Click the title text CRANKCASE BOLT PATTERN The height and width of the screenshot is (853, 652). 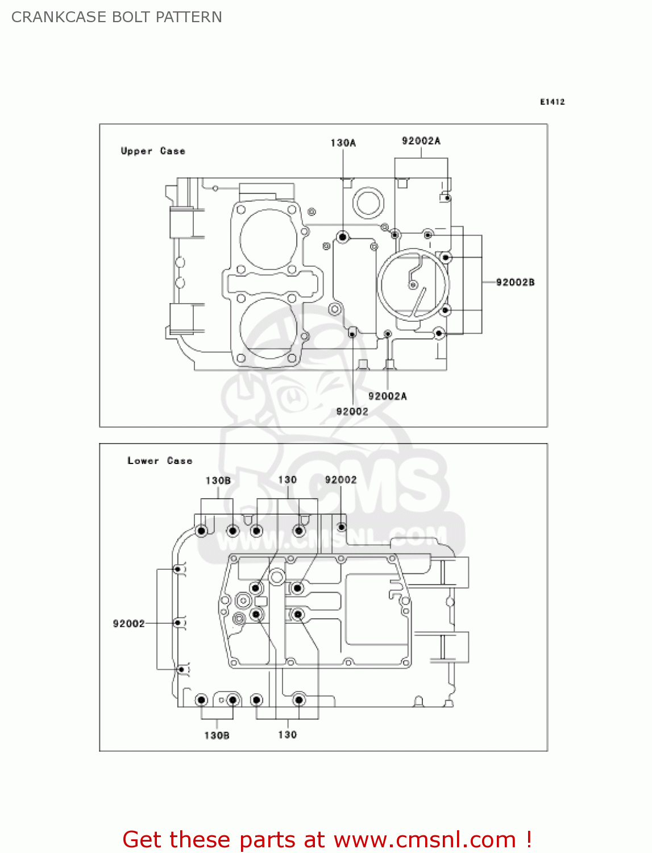pos(117,17)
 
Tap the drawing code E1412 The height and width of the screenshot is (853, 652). pos(552,102)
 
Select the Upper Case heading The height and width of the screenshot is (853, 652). pos(153,151)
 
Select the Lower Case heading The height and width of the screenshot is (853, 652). pos(160,461)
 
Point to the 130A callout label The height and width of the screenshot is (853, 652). pos(343,143)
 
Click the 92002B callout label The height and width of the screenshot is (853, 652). pos(515,282)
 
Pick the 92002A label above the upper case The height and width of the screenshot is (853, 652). pos(421,140)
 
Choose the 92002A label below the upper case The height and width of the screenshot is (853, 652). pos(387,396)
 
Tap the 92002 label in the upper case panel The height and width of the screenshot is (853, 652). pos(352,411)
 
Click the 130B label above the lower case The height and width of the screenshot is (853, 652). pos(218,481)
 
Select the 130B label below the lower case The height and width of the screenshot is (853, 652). pos(217,735)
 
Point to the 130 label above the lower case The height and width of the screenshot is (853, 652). pos(287,480)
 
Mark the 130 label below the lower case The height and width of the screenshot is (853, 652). pos(287,735)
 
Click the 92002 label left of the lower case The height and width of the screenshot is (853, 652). pos(128,623)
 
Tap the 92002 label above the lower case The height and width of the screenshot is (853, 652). pos(340,480)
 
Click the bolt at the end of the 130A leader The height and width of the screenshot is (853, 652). pos(342,237)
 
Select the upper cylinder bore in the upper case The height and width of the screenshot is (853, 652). pos(268,238)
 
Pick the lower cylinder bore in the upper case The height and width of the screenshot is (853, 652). pos(268,328)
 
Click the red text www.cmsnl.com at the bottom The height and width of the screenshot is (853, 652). pos(424,839)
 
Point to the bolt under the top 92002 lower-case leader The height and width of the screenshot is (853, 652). pos(341,527)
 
